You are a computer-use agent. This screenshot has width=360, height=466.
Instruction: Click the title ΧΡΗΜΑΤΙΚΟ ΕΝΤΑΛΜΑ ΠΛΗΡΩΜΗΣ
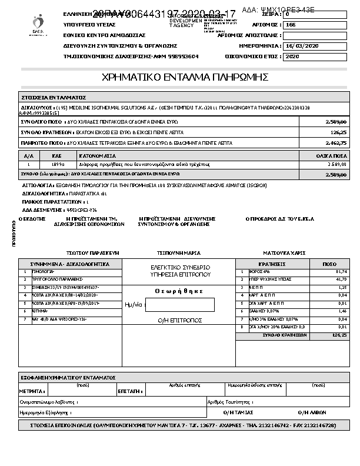185,77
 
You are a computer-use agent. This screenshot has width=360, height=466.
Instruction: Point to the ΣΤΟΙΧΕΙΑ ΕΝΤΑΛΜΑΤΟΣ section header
54,97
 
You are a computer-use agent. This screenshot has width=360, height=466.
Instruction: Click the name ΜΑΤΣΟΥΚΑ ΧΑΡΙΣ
285,252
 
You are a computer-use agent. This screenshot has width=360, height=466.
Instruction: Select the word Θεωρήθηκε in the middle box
179,291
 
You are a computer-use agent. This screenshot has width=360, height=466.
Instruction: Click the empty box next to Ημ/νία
179,305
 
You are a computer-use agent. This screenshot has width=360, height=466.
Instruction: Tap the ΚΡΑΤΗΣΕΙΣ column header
272,264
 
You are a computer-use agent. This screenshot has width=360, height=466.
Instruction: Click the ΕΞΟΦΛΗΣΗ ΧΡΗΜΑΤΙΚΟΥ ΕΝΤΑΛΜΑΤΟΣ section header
68,377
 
